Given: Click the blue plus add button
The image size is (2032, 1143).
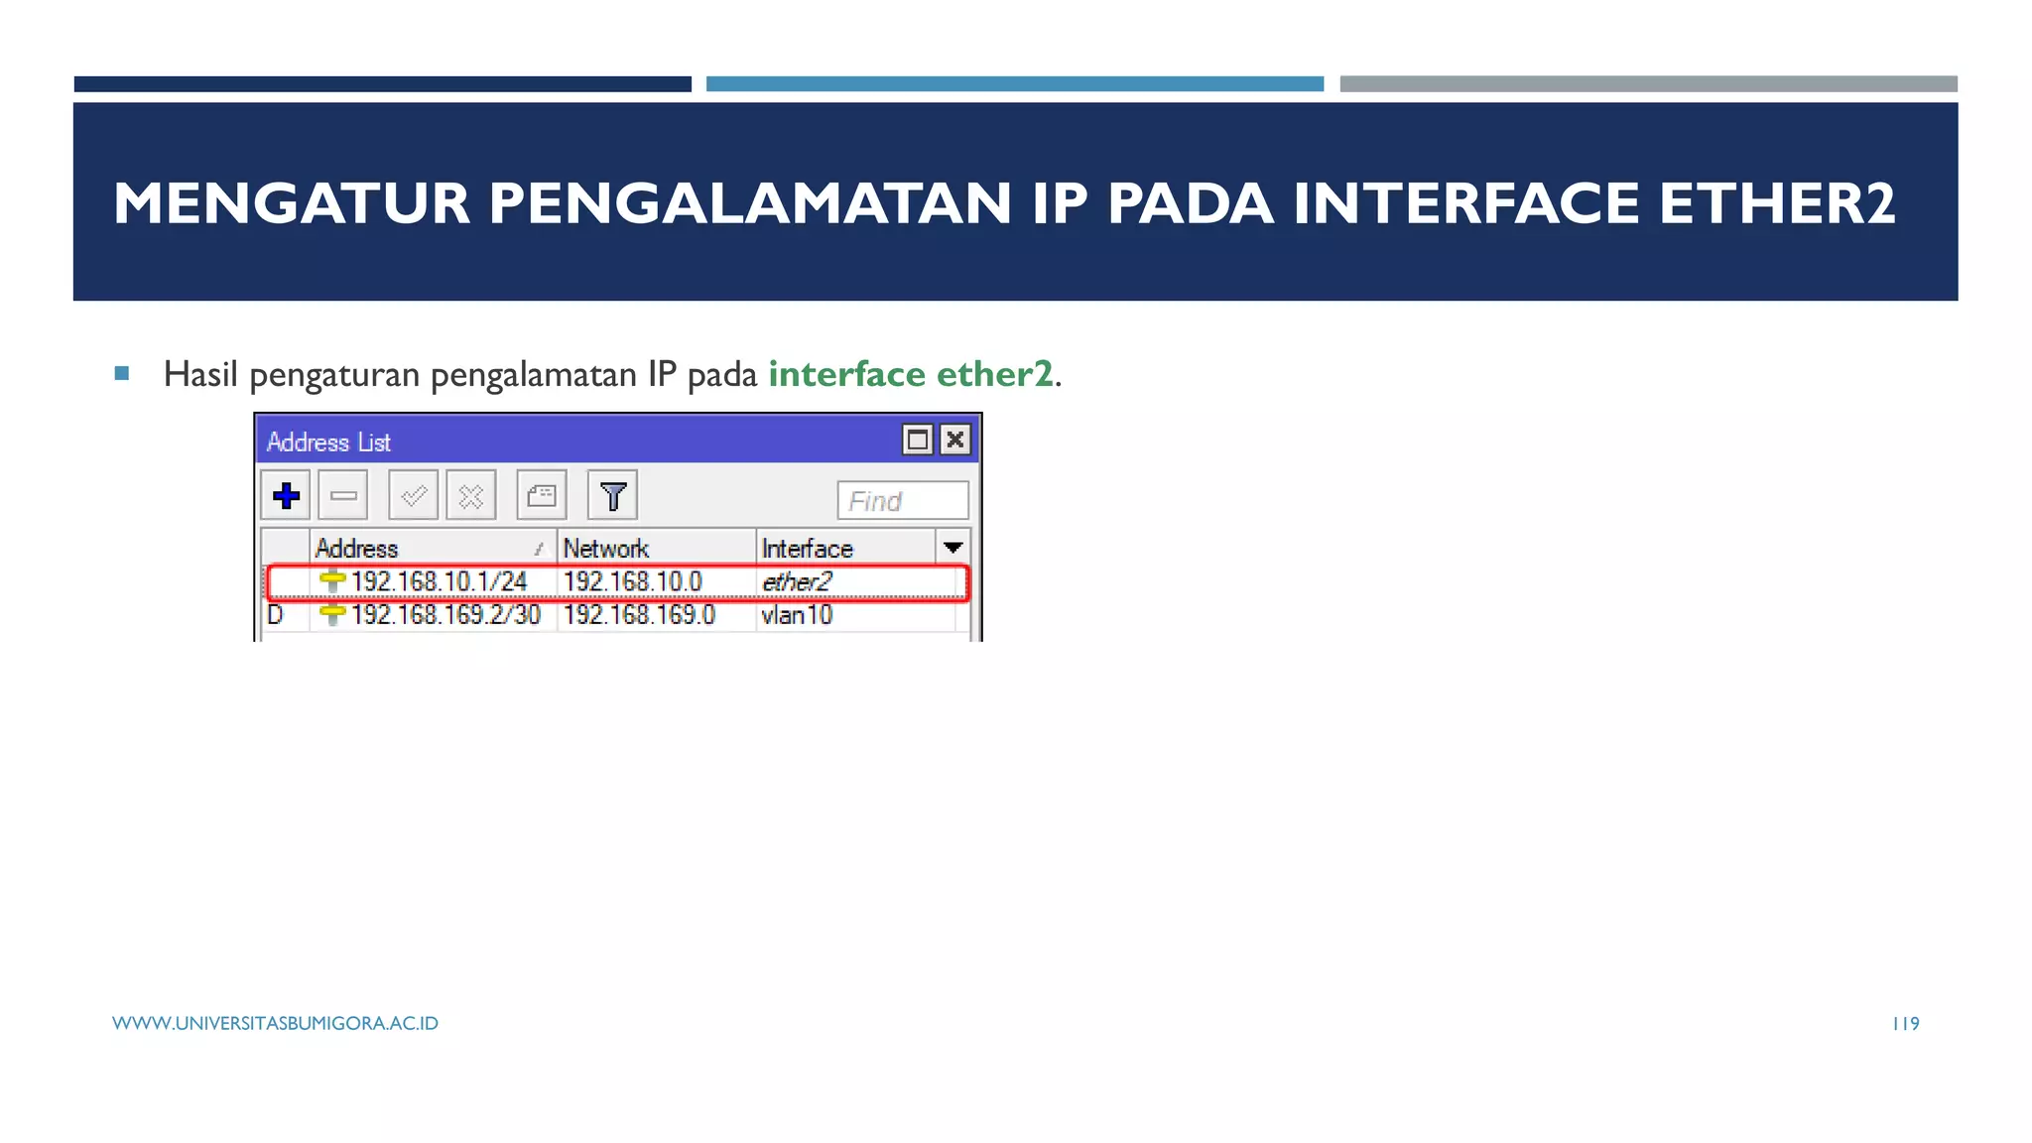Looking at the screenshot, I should coord(286,495).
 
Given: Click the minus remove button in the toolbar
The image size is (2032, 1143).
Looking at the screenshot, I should coord(343,495).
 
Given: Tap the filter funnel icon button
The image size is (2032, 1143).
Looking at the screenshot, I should coord(612,495).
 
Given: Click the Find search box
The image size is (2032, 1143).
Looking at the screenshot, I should coord(902,500).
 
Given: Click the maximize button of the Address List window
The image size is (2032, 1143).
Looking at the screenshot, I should coord(917,440).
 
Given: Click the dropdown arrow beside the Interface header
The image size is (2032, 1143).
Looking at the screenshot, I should coord(952,548).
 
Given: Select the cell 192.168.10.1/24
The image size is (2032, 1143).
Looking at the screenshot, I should coord(439,581).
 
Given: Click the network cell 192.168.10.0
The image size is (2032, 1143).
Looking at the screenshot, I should coord(633,581).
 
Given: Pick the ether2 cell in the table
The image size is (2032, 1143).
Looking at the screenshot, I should coord(796,581).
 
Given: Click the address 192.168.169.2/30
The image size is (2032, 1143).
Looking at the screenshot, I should coord(445,615).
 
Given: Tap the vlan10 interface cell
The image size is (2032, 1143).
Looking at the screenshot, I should coord(797,615).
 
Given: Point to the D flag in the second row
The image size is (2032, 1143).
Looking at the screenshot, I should coord(275,615).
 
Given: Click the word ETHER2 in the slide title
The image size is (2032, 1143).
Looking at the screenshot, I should coord(1776,203).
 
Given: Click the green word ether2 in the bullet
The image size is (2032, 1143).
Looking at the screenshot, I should coord(994,374).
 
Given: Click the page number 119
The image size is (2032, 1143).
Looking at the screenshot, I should coord(1905,1023).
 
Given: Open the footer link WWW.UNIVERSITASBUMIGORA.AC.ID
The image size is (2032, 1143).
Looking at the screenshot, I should coord(275,1023).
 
